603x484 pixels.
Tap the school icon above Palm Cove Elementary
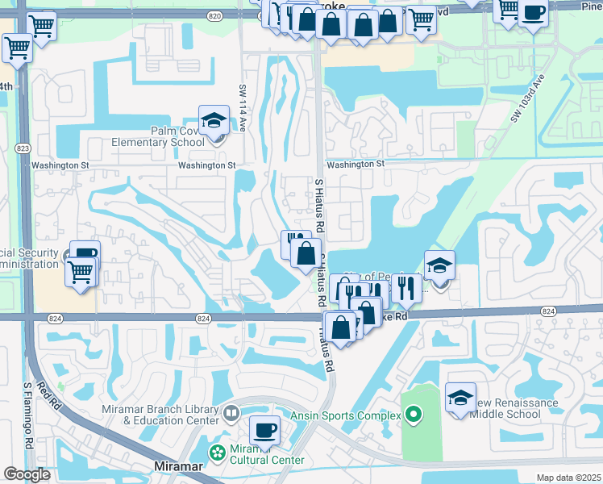(x=214, y=121)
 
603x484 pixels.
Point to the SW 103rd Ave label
(x=528, y=98)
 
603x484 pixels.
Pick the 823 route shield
(x=23, y=148)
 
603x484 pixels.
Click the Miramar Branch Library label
(x=160, y=415)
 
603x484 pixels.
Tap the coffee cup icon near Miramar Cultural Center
(x=264, y=430)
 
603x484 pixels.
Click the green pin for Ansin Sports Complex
(x=414, y=416)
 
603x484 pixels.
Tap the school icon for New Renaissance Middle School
(x=460, y=398)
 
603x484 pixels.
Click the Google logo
(x=27, y=474)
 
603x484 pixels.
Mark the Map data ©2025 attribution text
(x=568, y=478)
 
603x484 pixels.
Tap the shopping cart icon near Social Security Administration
(x=80, y=272)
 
